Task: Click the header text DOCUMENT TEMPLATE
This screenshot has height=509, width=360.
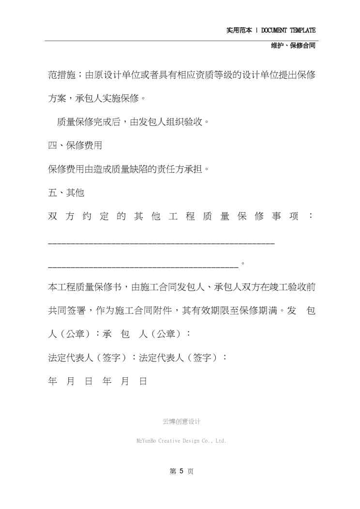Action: coord(288,30)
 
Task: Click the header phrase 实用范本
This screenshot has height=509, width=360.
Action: coord(239,30)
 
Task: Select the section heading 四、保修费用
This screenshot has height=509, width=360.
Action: coord(75,145)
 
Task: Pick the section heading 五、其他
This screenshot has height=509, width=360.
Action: coord(66,193)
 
